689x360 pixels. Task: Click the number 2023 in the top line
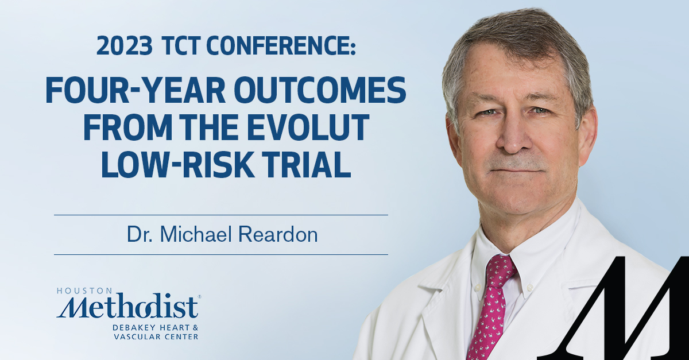tap(120, 45)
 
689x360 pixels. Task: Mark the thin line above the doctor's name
tap(220, 215)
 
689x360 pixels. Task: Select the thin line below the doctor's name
tap(220, 254)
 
